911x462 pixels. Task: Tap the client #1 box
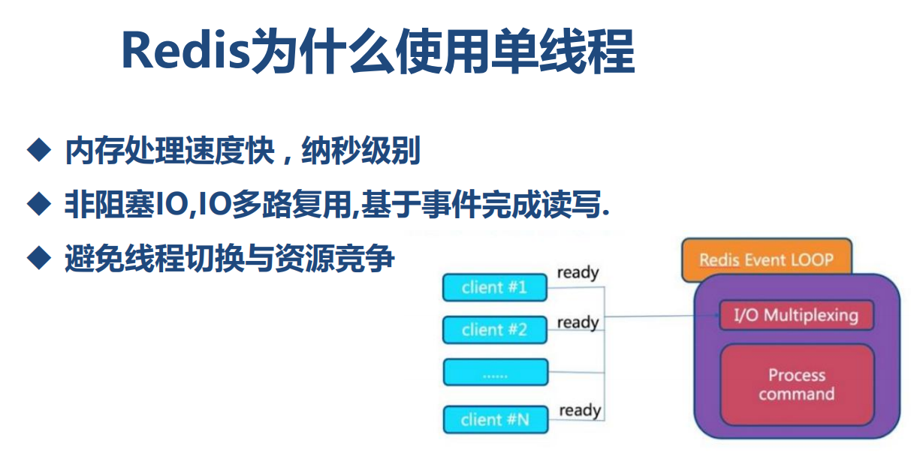pyautogui.click(x=495, y=287)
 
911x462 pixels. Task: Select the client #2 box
pyautogui.click(x=495, y=329)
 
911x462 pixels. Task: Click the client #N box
pyautogui.click(x=495, y=419)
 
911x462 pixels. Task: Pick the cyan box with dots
pyautogui.click(x=495, y=373)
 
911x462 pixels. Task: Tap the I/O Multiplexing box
pyautogui.click(x=795, y=315)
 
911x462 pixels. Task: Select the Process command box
pyautogui.click(x=796, y=385)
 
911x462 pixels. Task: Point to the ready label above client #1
pyautogui.click(x=578, y=272)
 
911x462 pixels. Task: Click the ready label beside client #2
pyautogui.click(x=578, y=322)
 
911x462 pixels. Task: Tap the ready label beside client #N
pyautogui.click(x=580, y=410)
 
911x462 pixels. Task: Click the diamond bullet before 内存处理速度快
pyautogui.click(x=38, y=151)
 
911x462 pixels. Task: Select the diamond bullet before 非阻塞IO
pyautogui.click(x=38, y=203)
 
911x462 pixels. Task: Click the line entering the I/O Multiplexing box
pyautogui.click(x=661, y=316)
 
